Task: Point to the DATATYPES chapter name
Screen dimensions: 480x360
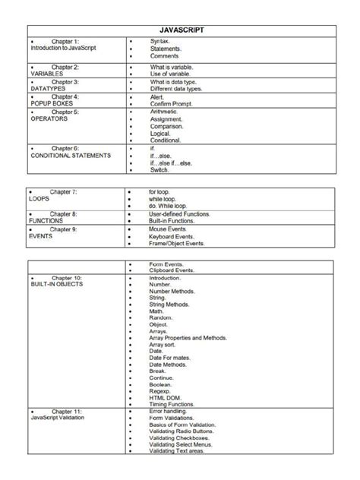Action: [48, 90]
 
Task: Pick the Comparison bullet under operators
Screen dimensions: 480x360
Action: [170, 126]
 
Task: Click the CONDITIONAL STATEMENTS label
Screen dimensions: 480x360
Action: [70, 156]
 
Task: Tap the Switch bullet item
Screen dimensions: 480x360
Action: [160, 170]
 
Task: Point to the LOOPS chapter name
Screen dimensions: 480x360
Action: [40, 199]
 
